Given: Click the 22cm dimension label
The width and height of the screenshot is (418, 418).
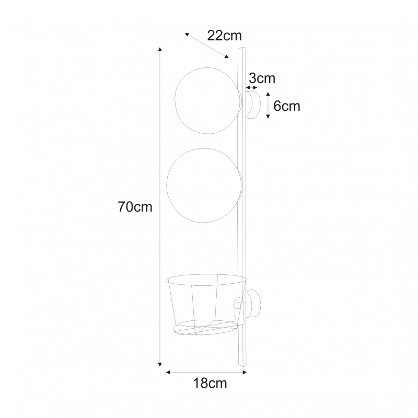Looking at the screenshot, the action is point(225,36).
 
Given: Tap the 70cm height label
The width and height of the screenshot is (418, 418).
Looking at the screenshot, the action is point(135,206).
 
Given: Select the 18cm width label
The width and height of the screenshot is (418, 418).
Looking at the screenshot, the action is point(210,383).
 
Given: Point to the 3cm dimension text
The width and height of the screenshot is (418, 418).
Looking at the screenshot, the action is point(262,78).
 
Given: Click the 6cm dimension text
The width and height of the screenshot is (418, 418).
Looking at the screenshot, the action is point(287,106).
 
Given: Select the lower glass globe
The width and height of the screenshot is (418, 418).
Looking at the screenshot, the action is point(167,185).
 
